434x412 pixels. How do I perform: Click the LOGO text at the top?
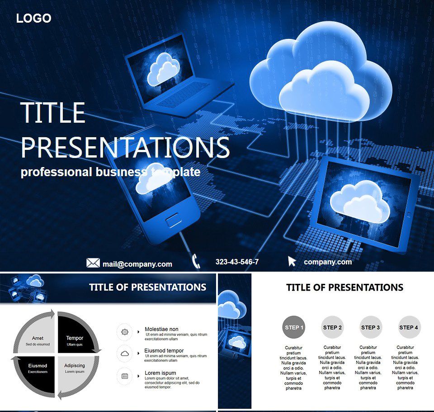(34, 18)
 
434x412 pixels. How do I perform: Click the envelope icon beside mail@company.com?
(93, 263)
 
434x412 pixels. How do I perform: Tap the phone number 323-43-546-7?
(237, 262)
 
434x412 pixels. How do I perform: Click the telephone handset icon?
(196, 261)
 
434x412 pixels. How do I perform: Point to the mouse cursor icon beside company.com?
(292, 261)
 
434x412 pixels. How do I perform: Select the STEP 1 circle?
(294, 327)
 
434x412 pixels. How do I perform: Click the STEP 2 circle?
(332, 327)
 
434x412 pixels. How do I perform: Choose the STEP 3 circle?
(371, 327)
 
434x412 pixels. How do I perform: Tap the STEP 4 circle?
(409, 327)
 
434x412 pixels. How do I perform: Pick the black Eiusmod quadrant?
(38, 368)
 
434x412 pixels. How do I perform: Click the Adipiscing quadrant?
(74, 368)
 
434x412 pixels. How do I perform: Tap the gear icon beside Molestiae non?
(125, 332)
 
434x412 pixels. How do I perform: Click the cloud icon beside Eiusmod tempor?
(125, 353)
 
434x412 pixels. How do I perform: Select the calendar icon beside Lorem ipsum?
(125, 375)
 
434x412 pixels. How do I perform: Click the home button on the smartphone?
(173, 221)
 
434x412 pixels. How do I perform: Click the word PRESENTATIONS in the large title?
(125, 147)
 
